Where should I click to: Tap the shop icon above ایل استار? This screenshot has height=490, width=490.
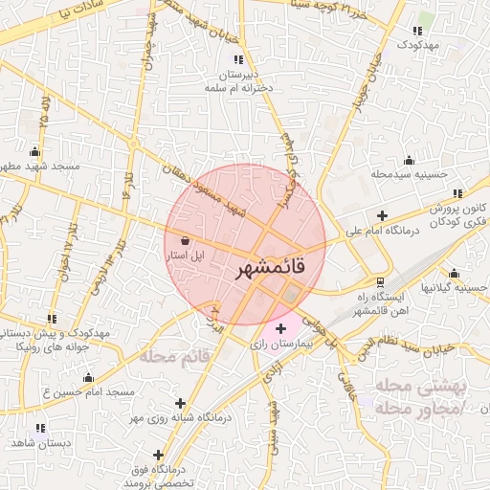(184, 240)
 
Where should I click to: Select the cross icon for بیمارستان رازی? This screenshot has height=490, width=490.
(279, 328)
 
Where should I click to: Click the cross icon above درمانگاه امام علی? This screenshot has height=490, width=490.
(383, 214)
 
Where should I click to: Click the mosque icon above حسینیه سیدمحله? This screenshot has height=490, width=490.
(410, 160)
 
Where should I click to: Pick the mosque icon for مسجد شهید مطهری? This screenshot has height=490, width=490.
(35, 151)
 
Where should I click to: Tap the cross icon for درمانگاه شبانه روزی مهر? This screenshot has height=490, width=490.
(181, 404)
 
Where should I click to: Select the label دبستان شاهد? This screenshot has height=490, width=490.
(35, 444)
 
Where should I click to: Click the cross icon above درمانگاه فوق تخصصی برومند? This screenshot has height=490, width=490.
(158, 455)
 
